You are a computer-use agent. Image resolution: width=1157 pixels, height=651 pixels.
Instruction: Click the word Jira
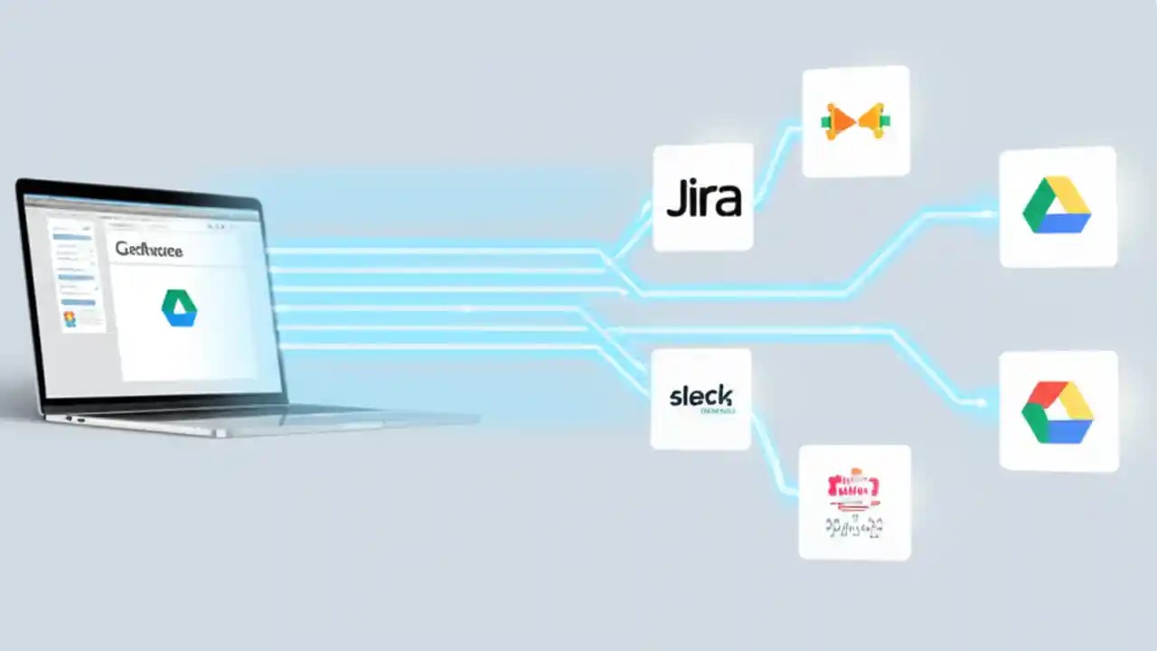pos(703,199)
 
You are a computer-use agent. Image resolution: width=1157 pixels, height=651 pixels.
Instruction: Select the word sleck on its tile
pos(701,396)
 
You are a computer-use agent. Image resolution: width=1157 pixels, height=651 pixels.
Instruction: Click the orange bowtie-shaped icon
pos(854,121)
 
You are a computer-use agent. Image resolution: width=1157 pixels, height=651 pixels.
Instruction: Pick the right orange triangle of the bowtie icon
pos(871,121)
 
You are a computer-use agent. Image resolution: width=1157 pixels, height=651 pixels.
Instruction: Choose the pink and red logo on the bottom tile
pos(853,487)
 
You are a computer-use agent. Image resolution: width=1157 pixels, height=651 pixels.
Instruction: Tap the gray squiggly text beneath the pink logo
pos(854,526)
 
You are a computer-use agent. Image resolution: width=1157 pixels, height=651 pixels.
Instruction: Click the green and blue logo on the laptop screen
pos(179,307)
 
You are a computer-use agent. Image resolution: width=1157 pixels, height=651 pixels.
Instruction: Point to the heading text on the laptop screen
pos(149,250)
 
